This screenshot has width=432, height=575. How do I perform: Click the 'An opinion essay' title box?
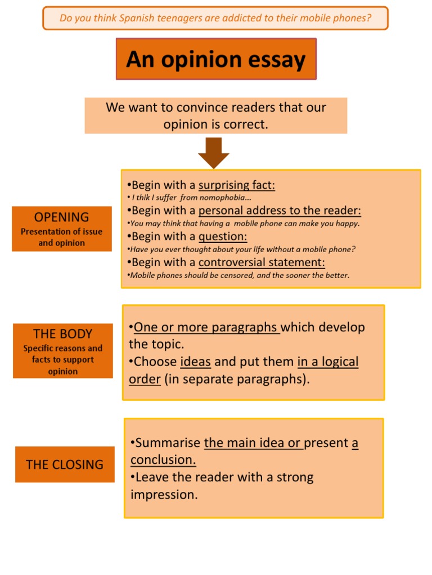(216, 59)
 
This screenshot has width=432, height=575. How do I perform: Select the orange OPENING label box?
(62, 229)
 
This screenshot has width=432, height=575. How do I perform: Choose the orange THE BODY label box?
(63, 351)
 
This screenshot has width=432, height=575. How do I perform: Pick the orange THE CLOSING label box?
(65, 464)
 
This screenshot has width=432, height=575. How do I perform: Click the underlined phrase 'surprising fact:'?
(237, 185)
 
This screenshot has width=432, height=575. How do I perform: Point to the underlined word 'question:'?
(223, 236)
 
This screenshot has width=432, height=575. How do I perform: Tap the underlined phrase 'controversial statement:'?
(262, 262)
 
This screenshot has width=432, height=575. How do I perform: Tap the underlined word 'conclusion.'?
(163, 460)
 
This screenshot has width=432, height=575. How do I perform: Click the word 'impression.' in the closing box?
(164, 495)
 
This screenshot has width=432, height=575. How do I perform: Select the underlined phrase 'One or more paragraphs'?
(206, 327)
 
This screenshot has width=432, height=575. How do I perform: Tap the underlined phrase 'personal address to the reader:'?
(280, 211)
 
